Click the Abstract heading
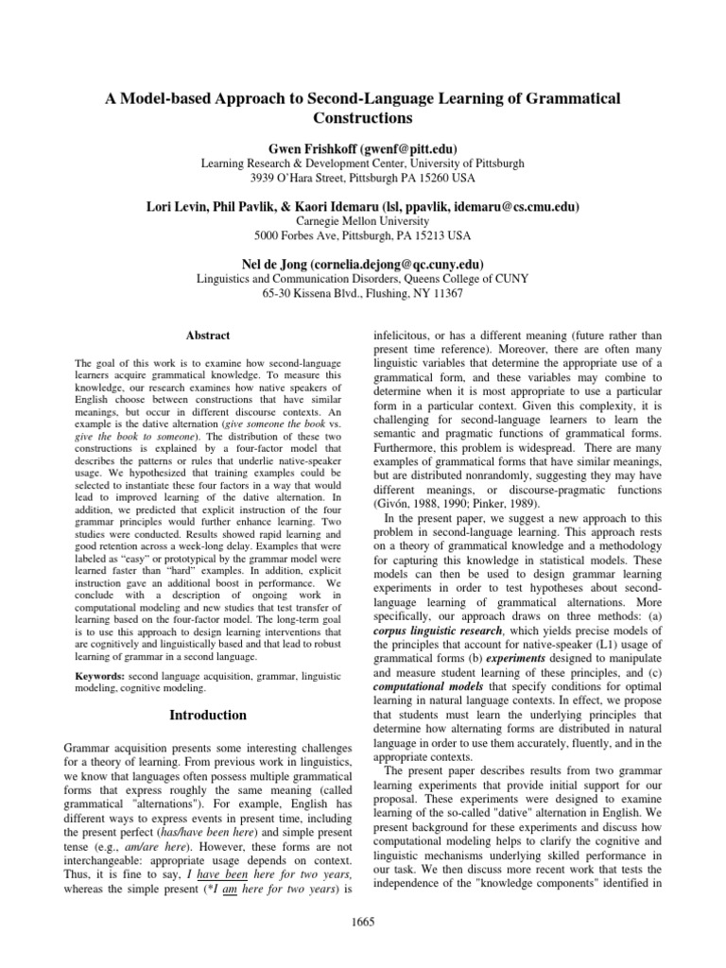click(207, 335)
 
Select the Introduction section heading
click(207, 715)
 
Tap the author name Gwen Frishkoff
click(314, 148)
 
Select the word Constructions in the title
click(363, 119)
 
